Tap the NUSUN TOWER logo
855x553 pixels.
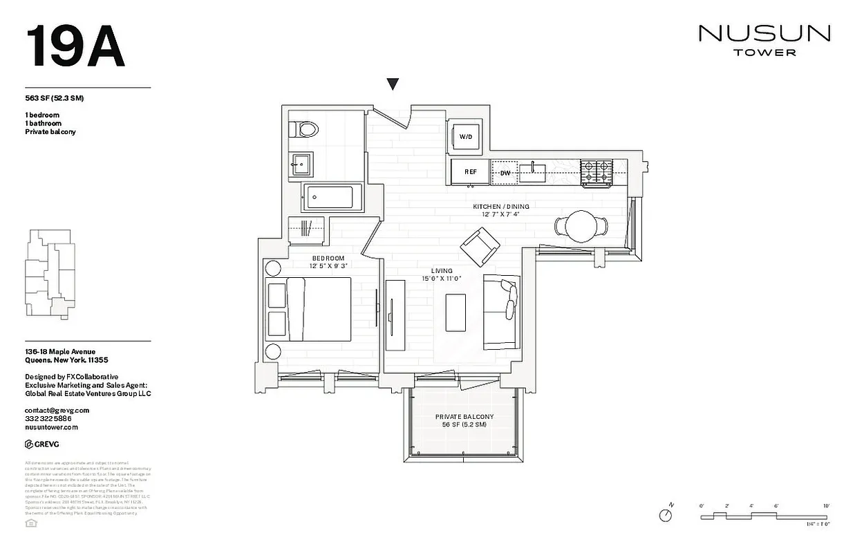pos(764,40)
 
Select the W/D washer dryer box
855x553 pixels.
pos(466,136)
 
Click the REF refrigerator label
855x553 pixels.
pos(471,172)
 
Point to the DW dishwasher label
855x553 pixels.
pos(505,173)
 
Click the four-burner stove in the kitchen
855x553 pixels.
pos(596,173)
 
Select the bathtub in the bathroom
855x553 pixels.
pos(329,198)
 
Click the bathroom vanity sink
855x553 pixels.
pos(301,165)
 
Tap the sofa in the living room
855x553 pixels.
pos(500,310)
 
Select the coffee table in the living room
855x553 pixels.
pos(455,312)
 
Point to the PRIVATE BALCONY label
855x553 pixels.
pos(464,416)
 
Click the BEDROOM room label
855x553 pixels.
pos(328,259)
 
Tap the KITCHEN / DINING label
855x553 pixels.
pos(501,207)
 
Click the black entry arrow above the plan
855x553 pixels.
pos(393,84)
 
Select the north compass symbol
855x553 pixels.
pos(666,515)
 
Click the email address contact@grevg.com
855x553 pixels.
pos(57,410)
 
